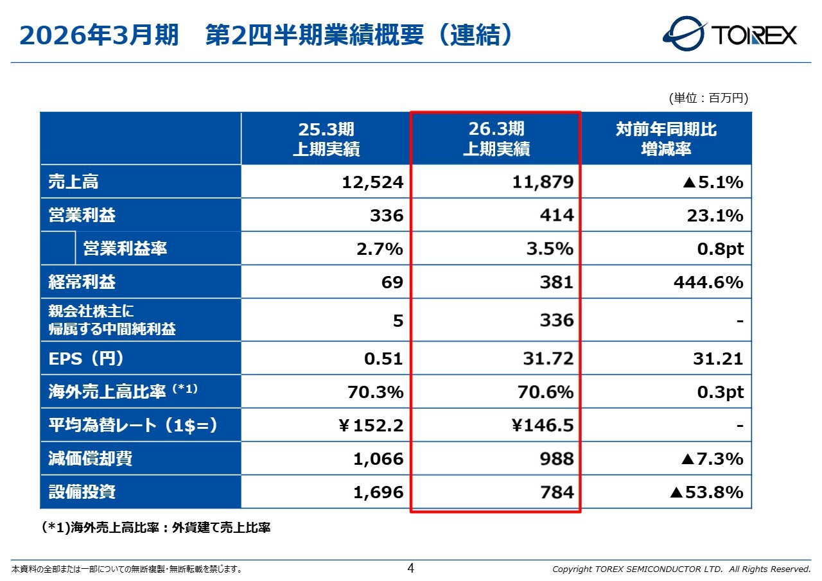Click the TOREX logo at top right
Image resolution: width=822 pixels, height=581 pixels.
[x=730, y=33]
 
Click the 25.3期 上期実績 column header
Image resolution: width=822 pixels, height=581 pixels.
[x=326, y=139]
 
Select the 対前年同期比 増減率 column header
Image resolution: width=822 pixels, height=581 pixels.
[x=666, y=139]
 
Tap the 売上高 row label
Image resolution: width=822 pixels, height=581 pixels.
[x=74, y=182]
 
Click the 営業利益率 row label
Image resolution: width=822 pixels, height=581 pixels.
[x=125, y=248]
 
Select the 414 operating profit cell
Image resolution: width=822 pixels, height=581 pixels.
[x=556, y=216]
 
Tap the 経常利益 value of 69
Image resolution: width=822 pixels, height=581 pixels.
[x=391, y=282]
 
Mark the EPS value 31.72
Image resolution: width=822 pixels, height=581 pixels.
[x=547, y=358]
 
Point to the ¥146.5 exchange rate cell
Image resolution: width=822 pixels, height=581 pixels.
[x=543, y=425]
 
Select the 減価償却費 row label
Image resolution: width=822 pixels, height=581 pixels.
[x=91, y=458]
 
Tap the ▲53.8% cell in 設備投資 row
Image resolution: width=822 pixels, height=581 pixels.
[x=706, y=492]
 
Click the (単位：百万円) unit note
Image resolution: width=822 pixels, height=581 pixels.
[x=708, y=98]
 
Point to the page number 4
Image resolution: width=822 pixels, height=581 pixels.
[x=411, y=568]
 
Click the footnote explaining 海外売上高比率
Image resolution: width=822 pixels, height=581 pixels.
[x=156, y=528]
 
